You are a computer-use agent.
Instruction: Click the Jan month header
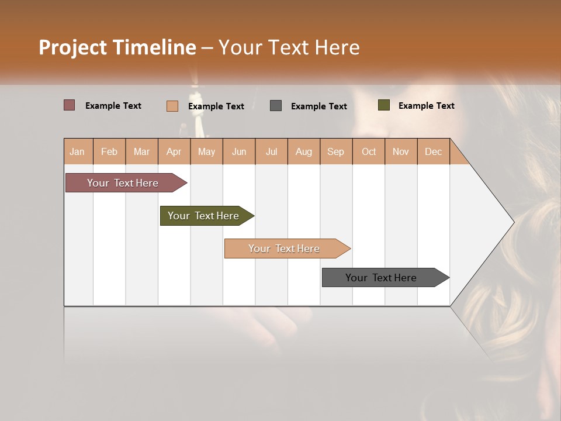coord(77,151)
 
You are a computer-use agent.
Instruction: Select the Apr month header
coord(174,151)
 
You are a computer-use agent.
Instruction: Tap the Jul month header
coord(271,151)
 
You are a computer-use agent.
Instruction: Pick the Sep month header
coord(335,151)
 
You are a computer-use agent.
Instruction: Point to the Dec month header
coord(433,151)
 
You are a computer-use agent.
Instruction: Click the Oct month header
coord(369,151)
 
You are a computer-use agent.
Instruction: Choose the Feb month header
coord(109,151)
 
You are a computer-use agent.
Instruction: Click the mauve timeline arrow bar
coord(123,183)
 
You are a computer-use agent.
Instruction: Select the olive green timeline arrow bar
coord(204,216)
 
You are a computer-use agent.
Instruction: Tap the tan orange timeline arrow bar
coord(285,249)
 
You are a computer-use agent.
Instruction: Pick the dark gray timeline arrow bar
coord(382,278)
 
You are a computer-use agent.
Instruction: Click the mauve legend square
coord(70,105)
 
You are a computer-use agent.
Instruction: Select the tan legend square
coord(172,106)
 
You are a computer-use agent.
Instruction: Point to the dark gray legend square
coord(276,105)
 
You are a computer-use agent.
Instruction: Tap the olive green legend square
coord(384,105)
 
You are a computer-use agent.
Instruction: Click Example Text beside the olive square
coord(426,106)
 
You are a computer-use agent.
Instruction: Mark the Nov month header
coord(401,151)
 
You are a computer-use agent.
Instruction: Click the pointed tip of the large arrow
coord(512,222)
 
